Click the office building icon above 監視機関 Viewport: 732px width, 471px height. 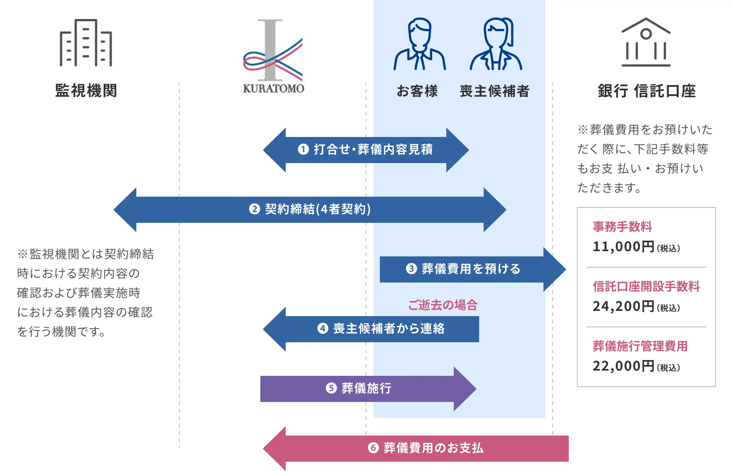(86, 43)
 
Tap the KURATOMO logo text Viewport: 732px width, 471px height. (273, 88)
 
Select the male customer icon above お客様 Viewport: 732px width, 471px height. (419, 45)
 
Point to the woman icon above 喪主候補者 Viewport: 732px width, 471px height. (496, 45)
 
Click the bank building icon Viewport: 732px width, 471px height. (646, 43)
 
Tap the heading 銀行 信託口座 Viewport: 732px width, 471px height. (647, 91)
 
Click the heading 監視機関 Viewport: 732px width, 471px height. (86, 91)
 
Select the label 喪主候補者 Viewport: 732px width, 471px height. (494, 91)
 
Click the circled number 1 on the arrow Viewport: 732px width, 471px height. (303, 149)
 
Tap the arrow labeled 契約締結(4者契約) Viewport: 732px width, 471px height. (310, 209)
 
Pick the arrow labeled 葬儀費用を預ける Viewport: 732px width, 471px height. (471, 269)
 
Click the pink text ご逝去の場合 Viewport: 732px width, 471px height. (443, 305)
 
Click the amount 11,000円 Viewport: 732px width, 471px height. (623, 247)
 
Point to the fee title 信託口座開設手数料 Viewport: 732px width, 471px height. (646, 286)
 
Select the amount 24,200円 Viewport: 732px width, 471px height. (623, 306)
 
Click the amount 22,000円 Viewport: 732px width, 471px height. (623, 366)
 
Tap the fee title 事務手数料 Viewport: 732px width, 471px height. (622, 227)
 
